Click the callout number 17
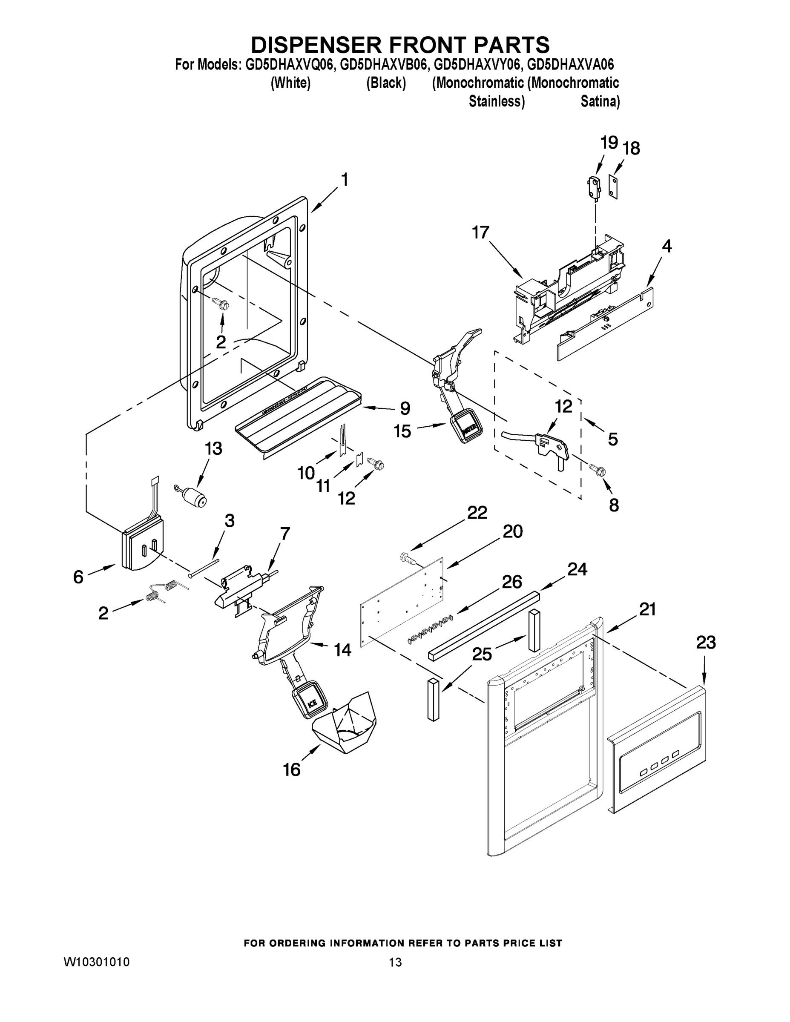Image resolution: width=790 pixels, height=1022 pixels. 481,232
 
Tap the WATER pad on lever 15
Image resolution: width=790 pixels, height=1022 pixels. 467,426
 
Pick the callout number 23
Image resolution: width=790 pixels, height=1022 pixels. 706,643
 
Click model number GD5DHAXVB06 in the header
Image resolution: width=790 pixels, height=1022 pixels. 383,64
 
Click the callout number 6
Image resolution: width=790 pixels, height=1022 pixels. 78,577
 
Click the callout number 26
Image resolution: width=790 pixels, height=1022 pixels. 511,582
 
